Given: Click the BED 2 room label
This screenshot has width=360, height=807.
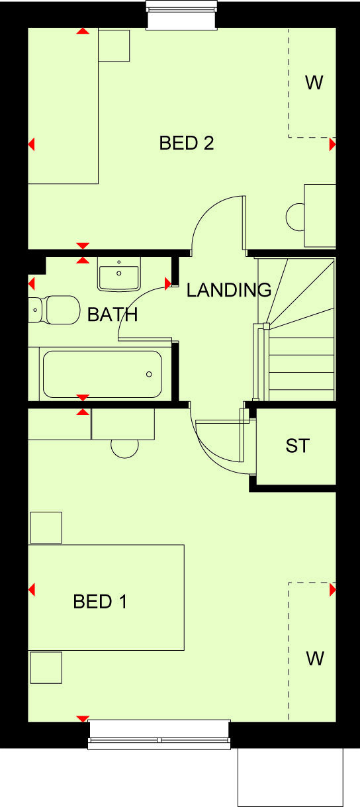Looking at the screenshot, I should pos(187,143).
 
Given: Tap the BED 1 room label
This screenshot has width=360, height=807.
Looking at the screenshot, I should pos(100,602).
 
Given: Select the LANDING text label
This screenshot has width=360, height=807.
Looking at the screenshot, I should pos(229,290).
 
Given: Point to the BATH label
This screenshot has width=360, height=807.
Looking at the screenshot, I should pos(112,314).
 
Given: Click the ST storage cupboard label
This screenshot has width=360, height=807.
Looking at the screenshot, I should pos(297,446).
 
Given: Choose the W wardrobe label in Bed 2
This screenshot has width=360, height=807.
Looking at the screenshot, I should pos(314,83).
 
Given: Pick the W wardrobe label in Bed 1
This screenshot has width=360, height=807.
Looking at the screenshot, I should pos(315,659).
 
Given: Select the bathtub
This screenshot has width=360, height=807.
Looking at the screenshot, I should pos(102,374).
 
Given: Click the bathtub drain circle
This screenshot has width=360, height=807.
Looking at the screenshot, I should pos(149,375).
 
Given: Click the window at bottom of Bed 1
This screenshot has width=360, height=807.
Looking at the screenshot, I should pos(159,735).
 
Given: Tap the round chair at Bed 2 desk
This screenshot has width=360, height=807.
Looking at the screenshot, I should pos(294,217).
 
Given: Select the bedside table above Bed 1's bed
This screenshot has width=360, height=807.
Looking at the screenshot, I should pos(46,528).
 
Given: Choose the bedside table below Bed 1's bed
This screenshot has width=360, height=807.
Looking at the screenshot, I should pos(46,667).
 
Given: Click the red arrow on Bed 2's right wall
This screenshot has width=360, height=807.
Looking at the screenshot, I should pos(332,144).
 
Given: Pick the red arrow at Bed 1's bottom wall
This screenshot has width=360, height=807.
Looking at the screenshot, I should pos(83,718).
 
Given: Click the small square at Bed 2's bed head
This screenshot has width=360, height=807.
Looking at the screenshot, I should pos(114,46).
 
